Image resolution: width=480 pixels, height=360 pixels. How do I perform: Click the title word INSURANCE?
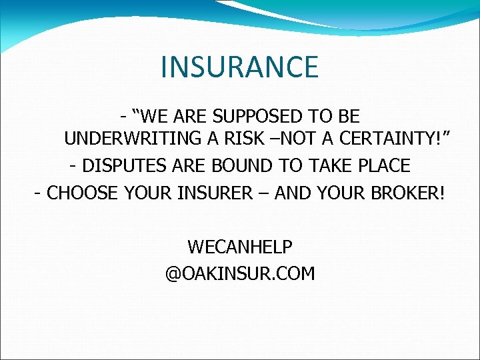(x=240, y=67)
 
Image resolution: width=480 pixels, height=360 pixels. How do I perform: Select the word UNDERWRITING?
(x=125, y=139)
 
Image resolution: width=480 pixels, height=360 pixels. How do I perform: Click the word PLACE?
(x=385, y=165)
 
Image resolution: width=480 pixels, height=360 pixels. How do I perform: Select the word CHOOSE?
(x=79, y=193)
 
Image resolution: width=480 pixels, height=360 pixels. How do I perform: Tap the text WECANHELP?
(x=240, y=247)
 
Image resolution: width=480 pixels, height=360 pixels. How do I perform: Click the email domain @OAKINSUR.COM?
(x=240, y=274)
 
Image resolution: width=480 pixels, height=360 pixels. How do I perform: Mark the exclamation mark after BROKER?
(x=441, y=193)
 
